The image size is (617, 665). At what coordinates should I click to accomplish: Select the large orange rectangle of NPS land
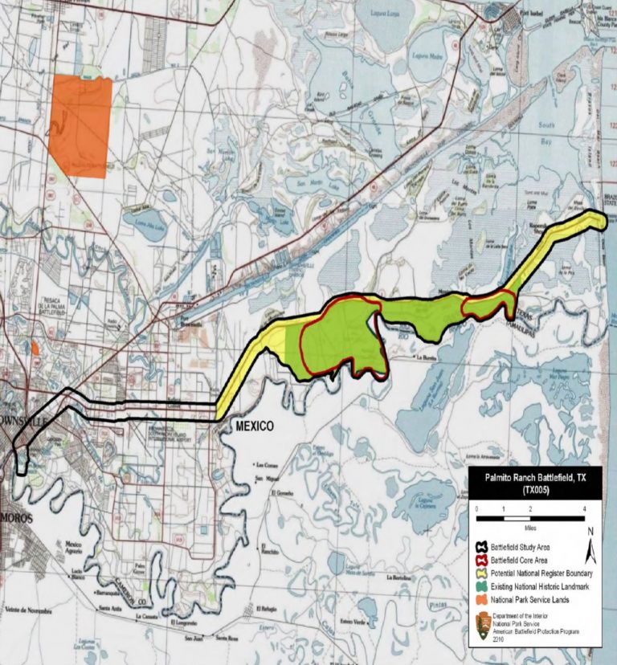[x=79, y=126]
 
